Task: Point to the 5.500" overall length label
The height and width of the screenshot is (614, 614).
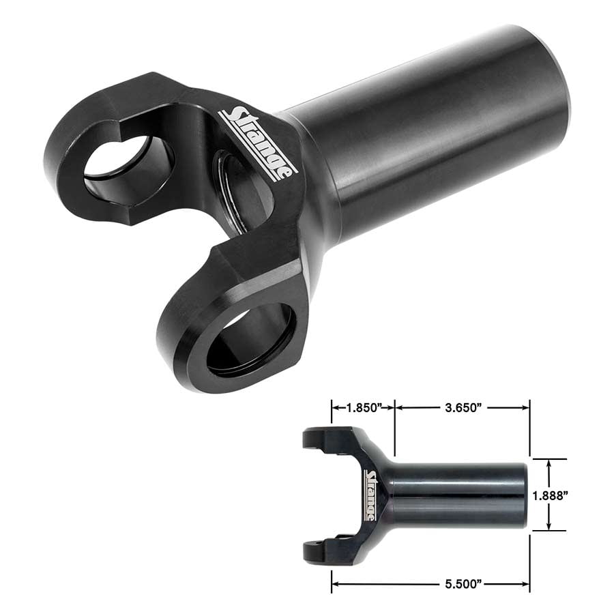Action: [463, 584]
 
